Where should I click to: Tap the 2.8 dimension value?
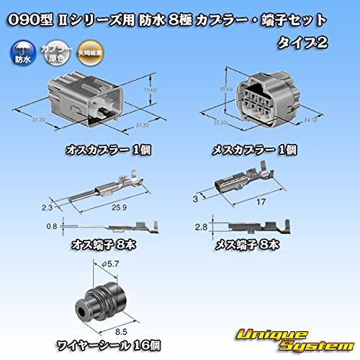204,228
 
